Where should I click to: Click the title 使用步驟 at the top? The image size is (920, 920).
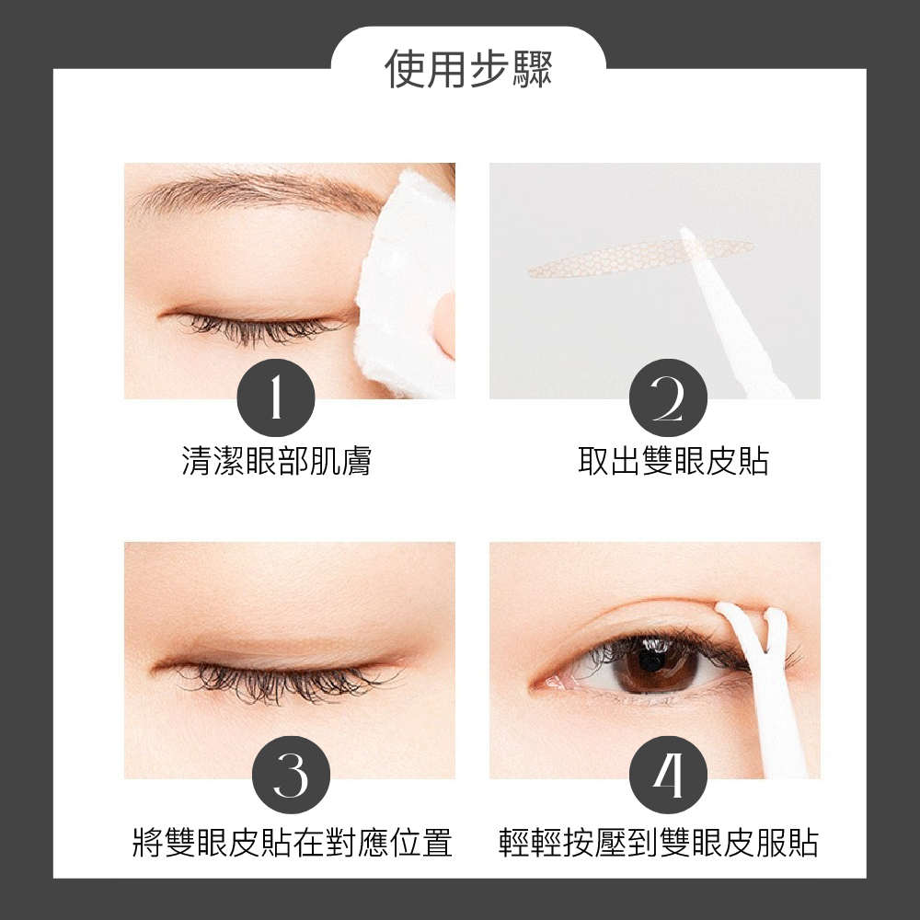[468, 69]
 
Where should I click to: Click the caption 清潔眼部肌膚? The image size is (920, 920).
[276, 461]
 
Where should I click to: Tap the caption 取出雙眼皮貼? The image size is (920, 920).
[673, 461]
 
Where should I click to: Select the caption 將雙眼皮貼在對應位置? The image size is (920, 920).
[292, 842]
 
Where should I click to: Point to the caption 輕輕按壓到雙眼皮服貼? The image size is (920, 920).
[658, 842]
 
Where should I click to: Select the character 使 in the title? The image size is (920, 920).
[406, 69]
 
